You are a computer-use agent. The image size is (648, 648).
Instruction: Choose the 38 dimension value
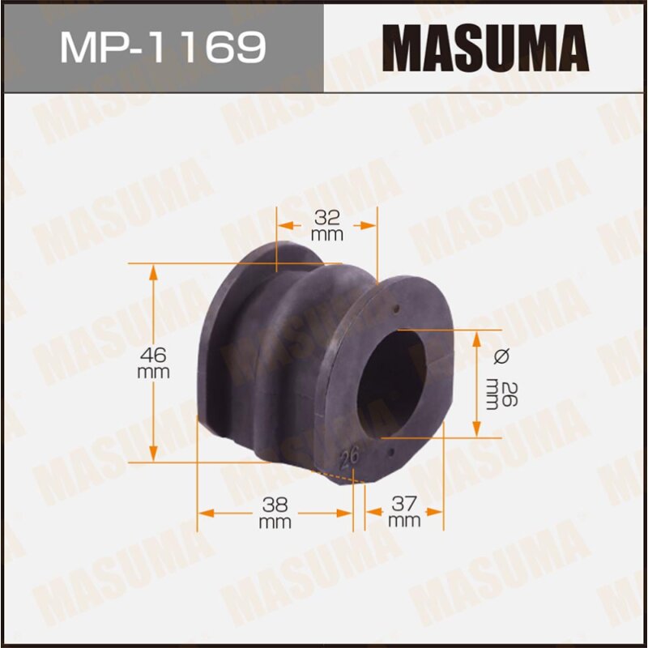[x=275, y=505]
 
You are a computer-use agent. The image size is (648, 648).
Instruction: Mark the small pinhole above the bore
[x=395, y=309]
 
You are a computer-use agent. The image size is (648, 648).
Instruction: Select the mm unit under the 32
[x=326, y=235]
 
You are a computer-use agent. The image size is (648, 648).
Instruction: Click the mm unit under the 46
[x=153, y=372]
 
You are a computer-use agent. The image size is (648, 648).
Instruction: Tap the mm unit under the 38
[x=275, y=522]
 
